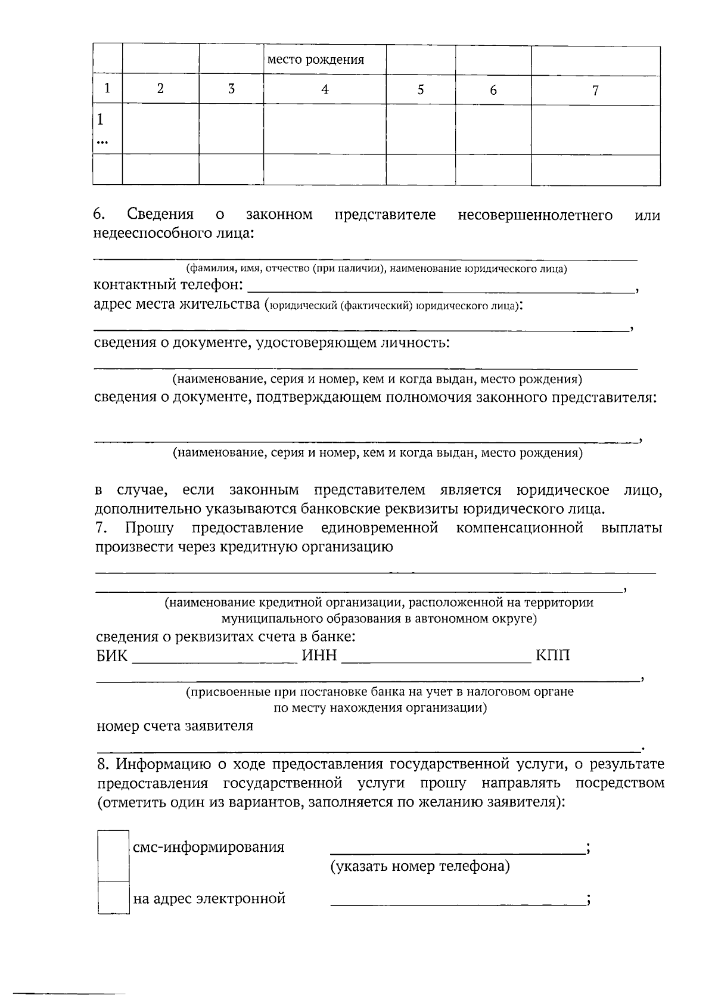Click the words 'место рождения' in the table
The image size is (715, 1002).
click(315, 60)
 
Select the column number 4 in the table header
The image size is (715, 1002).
click(325, 90)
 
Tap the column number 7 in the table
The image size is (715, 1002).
click(595, 91)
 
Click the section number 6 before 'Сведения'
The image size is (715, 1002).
click(99, 215)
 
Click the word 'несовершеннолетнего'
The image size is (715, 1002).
click(535, 215)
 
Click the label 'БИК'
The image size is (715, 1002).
click(112, 656)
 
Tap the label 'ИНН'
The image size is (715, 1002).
click(319, 656)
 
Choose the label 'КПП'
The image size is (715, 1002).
click(552, 656)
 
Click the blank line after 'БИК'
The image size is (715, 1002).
click(214, 660)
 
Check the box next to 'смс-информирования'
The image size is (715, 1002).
click(113, 855)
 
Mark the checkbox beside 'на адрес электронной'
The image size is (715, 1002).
click(113, 898)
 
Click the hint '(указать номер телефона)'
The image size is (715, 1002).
click(420, 867)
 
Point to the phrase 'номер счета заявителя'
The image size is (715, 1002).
click(175, 726)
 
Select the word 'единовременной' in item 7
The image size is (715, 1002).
click(380, 528)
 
